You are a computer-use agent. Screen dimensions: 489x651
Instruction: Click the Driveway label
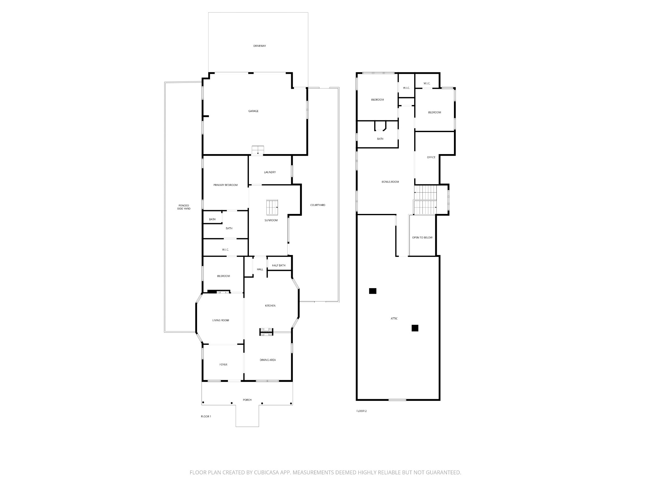pyautogui.click(x=259, y=46)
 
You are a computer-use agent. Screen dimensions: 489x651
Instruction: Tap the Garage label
pyautogui.click(x=253, y=111)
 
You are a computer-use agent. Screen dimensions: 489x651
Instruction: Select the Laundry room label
pyautogui.click(x=270, y=172)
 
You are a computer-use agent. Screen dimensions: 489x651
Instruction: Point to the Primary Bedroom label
pyautogui.click(x=225, y=185)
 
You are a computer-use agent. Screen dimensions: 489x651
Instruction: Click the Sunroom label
pyautogui.click(x=271, y=220)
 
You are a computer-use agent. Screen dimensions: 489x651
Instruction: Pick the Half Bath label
pyautogui.click(x=279, y=266)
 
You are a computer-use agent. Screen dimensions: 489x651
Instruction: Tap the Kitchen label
pyautogui.click(x=270, y=306)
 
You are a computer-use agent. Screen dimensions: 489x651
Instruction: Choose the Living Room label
pyautogui.click(x=221, y=320)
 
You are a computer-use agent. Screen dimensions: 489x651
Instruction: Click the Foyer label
pyautogui.click(x=223, y=365)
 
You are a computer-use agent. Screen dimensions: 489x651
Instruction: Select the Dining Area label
pyautogui.click(x=268, y=360)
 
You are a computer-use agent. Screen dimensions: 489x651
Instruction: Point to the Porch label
pyautogui.click(x=247, y=400)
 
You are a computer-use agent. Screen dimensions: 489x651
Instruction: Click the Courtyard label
pyautogui.click(x=318, y=205)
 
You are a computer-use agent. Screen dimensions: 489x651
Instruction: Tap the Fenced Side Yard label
pyautogui.click(x=184, y=207)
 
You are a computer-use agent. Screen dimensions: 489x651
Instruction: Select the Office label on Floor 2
pyautogui.click(x=431, y=157)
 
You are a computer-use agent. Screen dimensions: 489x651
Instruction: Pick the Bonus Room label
pyautogui.click(x=390, y=182)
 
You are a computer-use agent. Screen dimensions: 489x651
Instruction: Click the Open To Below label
pyautogui.click(x=422, y=237)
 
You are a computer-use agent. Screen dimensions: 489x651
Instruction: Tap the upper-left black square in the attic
pyautogui.click(x=373, y=291)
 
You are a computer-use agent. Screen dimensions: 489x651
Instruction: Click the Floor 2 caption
pyautogui.click(x=361, y=411)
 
